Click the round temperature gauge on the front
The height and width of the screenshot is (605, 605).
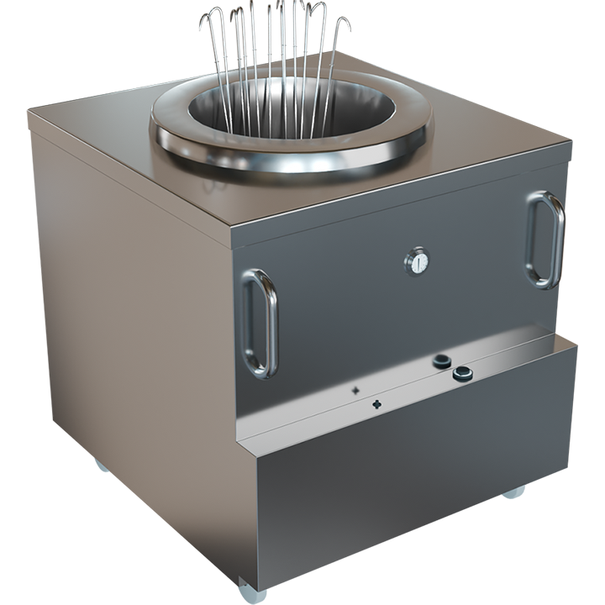click(416, 261)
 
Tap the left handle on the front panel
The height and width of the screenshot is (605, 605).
click(260, 323)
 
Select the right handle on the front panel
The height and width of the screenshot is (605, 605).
click(545, 239)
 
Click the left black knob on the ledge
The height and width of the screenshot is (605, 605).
click(442, 361)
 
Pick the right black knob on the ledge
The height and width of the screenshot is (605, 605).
click(462, 374)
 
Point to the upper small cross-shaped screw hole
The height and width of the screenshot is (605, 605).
click(355, 390)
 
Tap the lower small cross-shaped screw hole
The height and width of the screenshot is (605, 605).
click(376, 405)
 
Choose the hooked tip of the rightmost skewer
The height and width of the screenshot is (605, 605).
click(347, 23)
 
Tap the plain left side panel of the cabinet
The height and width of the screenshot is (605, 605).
click(126, 336)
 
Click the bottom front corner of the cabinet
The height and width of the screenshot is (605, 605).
click(252, 580)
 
